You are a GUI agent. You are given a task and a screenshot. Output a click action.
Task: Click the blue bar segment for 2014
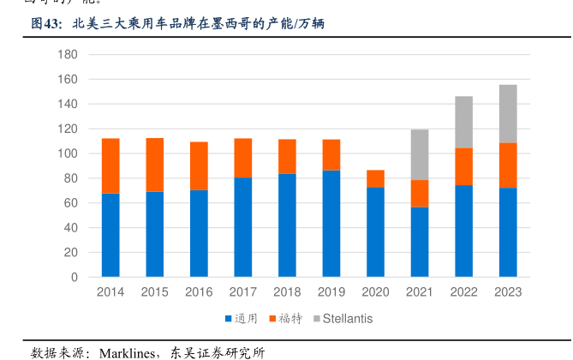pos(110,236)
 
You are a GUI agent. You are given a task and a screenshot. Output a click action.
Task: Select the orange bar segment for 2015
pos(154,165)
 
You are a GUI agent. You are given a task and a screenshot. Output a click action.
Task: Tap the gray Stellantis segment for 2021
pos(420,154)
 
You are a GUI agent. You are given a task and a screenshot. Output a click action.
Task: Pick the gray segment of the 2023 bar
pos(508,114)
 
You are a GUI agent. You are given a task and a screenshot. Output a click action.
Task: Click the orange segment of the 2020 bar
pos(375,178)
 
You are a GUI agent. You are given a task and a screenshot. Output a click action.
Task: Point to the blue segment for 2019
pos(331,224)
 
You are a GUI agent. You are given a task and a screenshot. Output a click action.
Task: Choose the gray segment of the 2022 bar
pos(464,122)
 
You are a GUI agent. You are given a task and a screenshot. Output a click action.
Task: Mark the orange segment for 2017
pos(243,158)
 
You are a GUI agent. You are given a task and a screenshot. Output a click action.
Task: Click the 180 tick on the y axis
pos(69,55)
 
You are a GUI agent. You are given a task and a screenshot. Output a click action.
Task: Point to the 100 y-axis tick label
pos(69,154)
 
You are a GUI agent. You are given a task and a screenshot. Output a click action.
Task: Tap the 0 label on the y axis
pos(75,278)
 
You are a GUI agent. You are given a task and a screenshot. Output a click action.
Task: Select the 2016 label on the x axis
pos(199,292)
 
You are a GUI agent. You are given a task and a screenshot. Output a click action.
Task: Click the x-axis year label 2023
pos(508,292)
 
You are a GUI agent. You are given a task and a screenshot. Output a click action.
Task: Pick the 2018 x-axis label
pos(287,292)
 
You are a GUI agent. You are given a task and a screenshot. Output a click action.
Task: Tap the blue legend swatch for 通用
pos(229,319)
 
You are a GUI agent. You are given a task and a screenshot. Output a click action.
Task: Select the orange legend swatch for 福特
pos(273,319)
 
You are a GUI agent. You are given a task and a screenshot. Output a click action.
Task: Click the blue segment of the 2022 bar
pos(464,231)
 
